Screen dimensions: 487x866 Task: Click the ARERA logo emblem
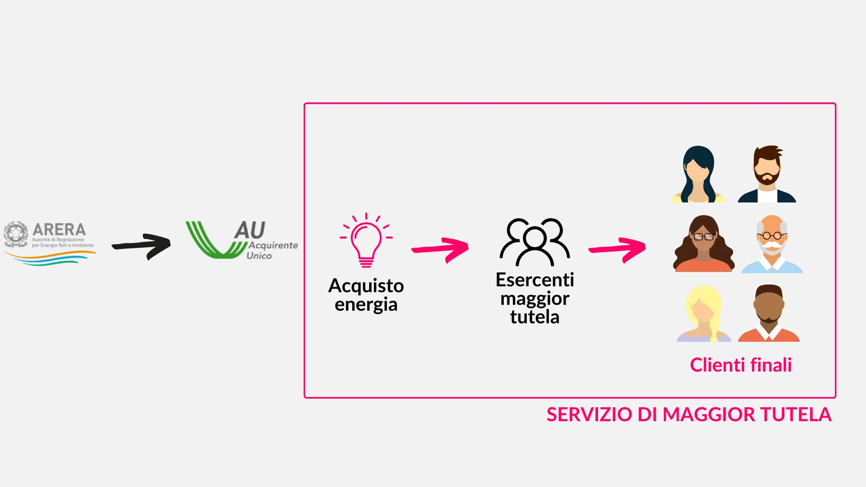[x=16, y=234]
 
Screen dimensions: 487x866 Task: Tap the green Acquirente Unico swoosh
[x=212, y=241]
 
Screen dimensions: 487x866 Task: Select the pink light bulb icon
[x=366, y=241]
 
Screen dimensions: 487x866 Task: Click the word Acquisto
[x=366, y=286]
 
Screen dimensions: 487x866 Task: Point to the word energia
[x=366, y=305]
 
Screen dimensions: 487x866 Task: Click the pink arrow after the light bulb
[x=441, y=249]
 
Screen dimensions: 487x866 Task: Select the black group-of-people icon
[x=535, y=242]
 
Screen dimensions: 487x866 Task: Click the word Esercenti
[x=534, y=280]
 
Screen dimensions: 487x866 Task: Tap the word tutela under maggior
[x=534, y=317]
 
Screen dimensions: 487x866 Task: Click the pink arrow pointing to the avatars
[x=617, y=249]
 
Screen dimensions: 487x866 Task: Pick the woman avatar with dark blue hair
[x=698, y=175]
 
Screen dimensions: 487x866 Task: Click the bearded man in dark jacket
[x=767, y=175]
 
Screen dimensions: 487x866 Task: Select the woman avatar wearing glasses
[x=704, y=244]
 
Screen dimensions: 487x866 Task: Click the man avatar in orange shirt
[x=769, y=314]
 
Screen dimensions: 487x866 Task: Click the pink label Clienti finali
[x=741, y=365]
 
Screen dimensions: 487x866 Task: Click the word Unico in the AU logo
[x=259, y=256]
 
